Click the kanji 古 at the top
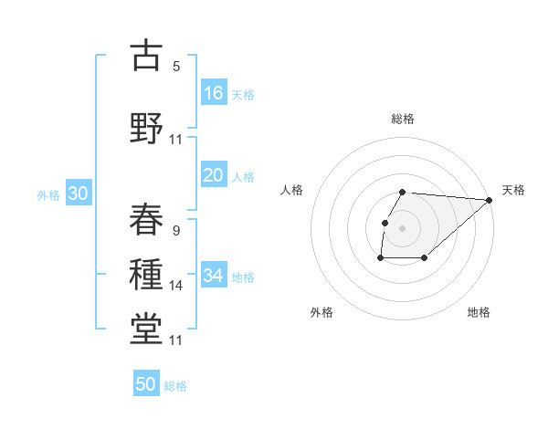[x=147, y=56]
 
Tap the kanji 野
[x=147, y=128]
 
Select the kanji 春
[x=147, y=220]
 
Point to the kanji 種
[x=147, y=275]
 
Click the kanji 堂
[x=147, y=329]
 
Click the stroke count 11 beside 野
[x=176, y=140]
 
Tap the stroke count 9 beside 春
[x=176, y=231]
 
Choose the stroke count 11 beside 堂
[x=176, y=340]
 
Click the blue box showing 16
[x=214, y=92]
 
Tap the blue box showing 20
[x=214, y=175]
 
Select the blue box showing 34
[x=214, y=275]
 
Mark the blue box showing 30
[x=78, y=194]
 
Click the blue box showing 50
[x=146, y=384]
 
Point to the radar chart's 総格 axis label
[x=403, y=119]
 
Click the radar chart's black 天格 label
[x=513, y=190]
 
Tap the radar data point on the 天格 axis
[x=490, y=200]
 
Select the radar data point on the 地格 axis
[x=425, y=258]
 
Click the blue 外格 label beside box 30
[x=48, y=195]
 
